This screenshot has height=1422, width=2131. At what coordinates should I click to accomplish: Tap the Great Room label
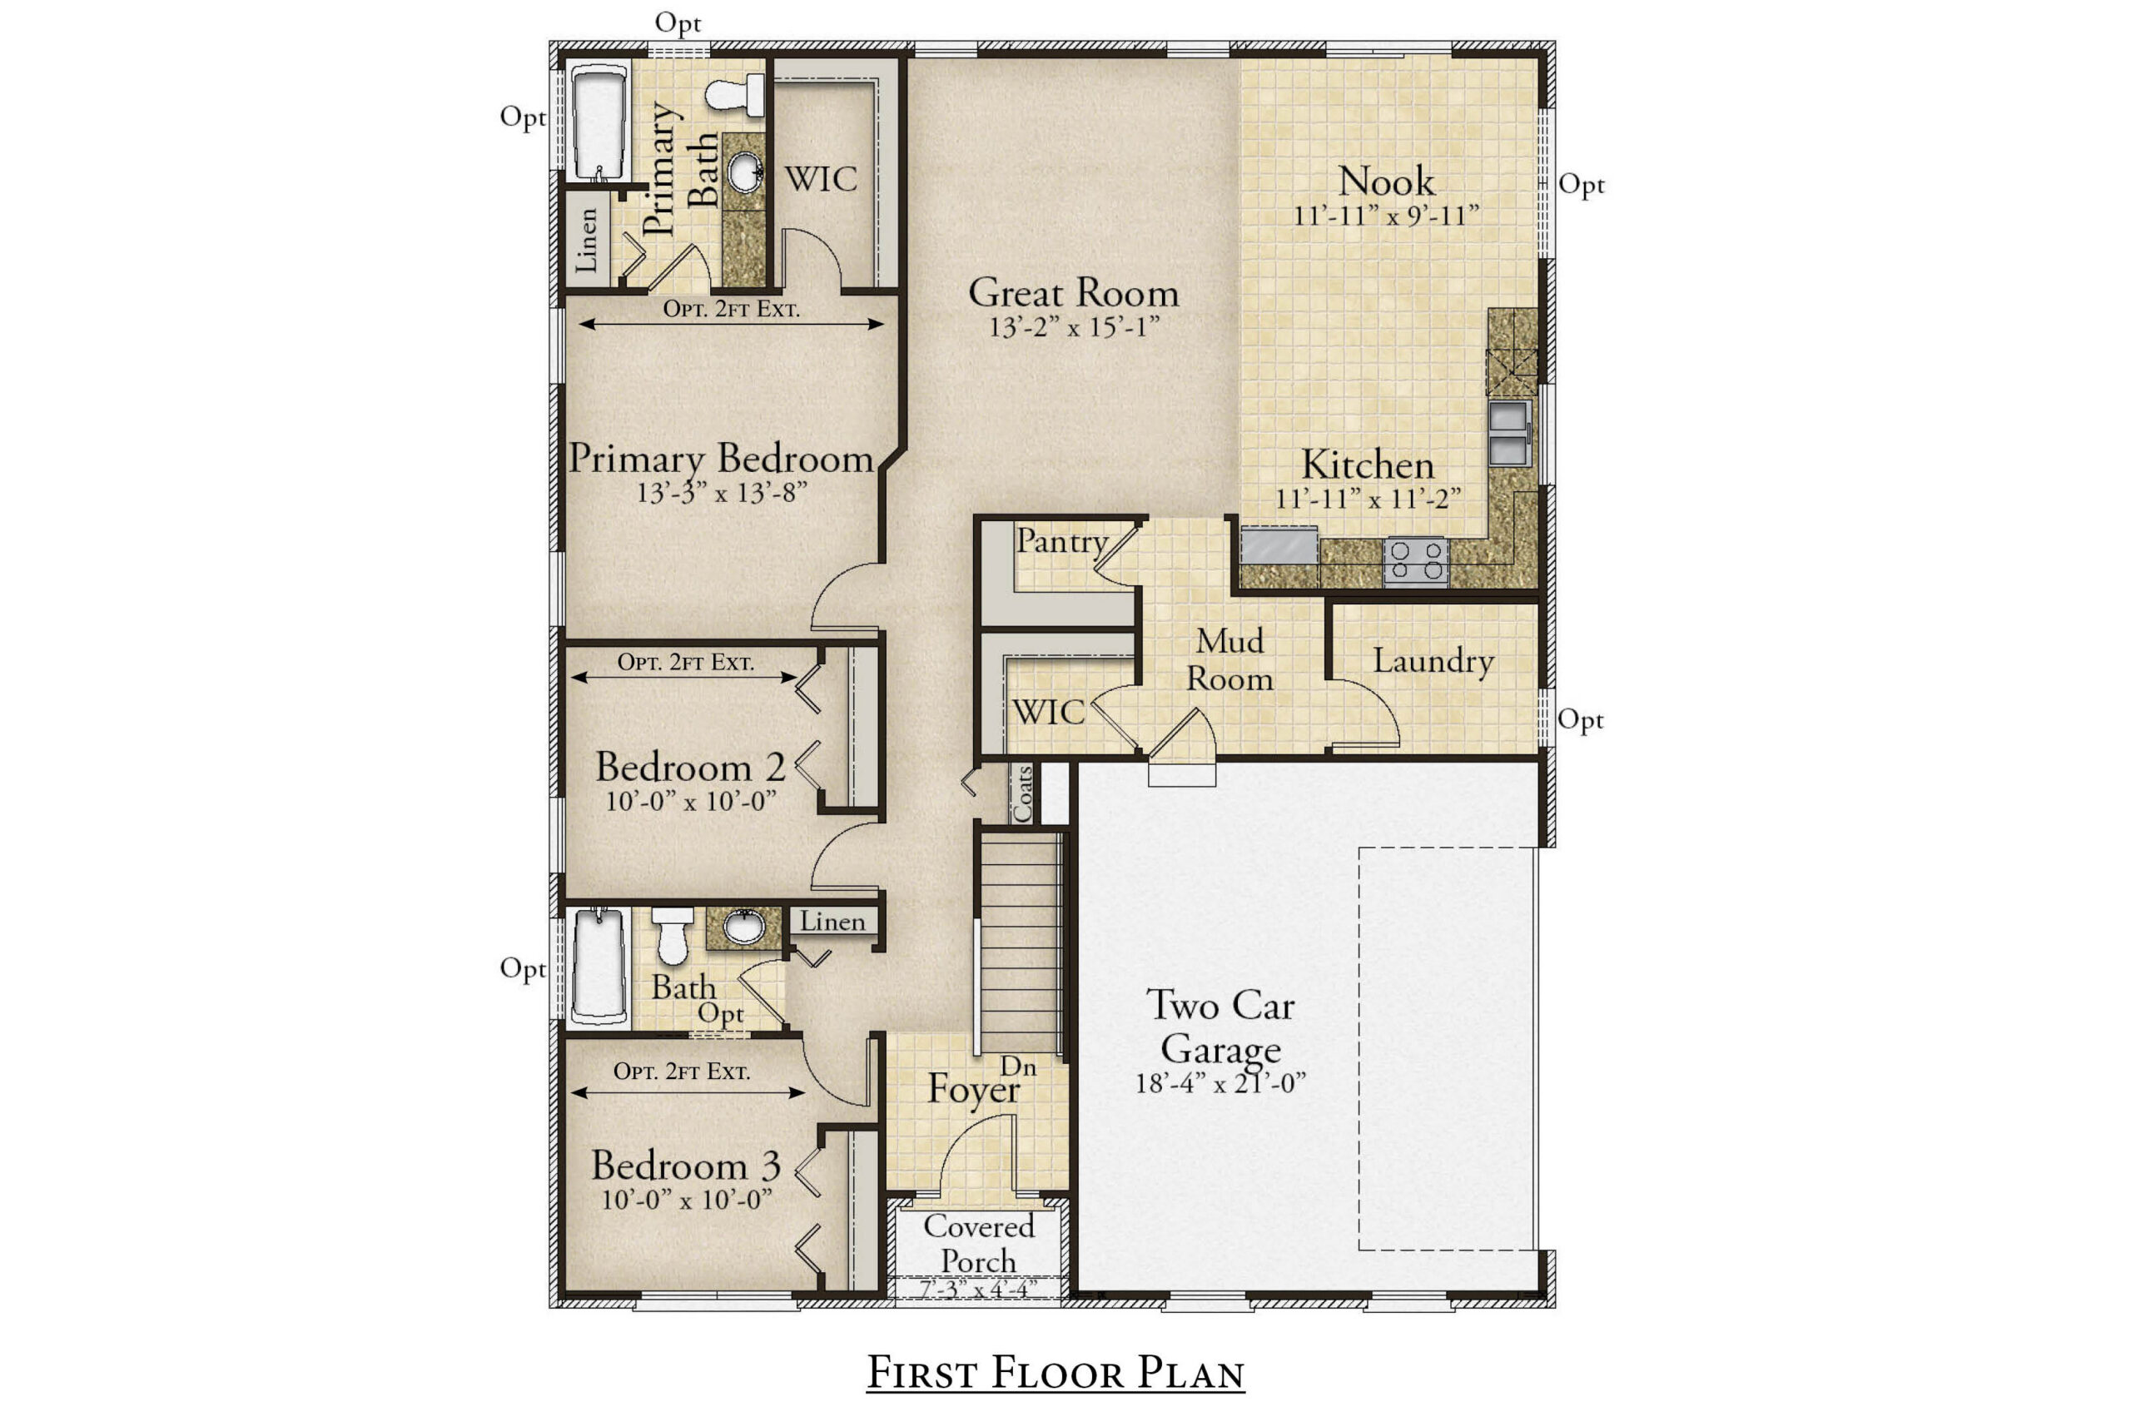coord(1074,292)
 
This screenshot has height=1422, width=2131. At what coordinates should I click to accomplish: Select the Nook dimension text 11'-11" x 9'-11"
coord(1387,216)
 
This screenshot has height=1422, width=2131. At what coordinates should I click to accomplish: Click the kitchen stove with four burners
coord(1415,561)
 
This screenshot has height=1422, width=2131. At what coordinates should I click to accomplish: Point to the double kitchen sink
coord(1510,434)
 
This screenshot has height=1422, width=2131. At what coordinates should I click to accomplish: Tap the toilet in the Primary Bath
coord(734,94)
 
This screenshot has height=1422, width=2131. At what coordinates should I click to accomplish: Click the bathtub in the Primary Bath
coord(599,122)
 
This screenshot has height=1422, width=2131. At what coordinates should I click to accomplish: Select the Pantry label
coord(1062,541)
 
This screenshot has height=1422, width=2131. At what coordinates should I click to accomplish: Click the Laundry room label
coord(1433,661)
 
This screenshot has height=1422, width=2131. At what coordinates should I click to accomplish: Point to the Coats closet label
coord(1023,793)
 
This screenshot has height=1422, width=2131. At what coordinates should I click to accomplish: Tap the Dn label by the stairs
coord(1018,1067)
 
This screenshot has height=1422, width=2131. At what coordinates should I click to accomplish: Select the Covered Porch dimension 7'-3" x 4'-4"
coord(978,1289)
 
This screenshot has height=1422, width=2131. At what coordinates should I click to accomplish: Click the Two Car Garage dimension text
coord(1220,1083)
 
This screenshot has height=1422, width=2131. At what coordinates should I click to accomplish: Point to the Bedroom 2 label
coord(690,768)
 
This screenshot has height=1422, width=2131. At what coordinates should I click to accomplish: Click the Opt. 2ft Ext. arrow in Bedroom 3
coord(688,1093)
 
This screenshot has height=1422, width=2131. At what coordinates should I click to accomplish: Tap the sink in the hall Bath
coord(743,927)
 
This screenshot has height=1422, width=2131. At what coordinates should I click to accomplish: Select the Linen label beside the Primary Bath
coord(587,240)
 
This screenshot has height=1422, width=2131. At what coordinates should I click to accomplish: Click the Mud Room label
coord(1229,660)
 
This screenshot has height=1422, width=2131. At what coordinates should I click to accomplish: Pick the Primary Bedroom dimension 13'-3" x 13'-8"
coord(722,494)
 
